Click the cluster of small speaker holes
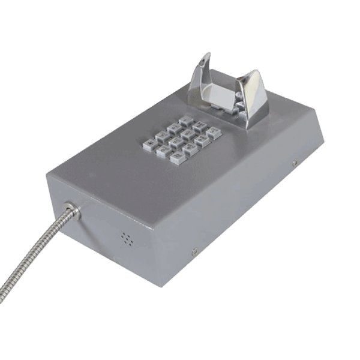(x=127, y=238)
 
